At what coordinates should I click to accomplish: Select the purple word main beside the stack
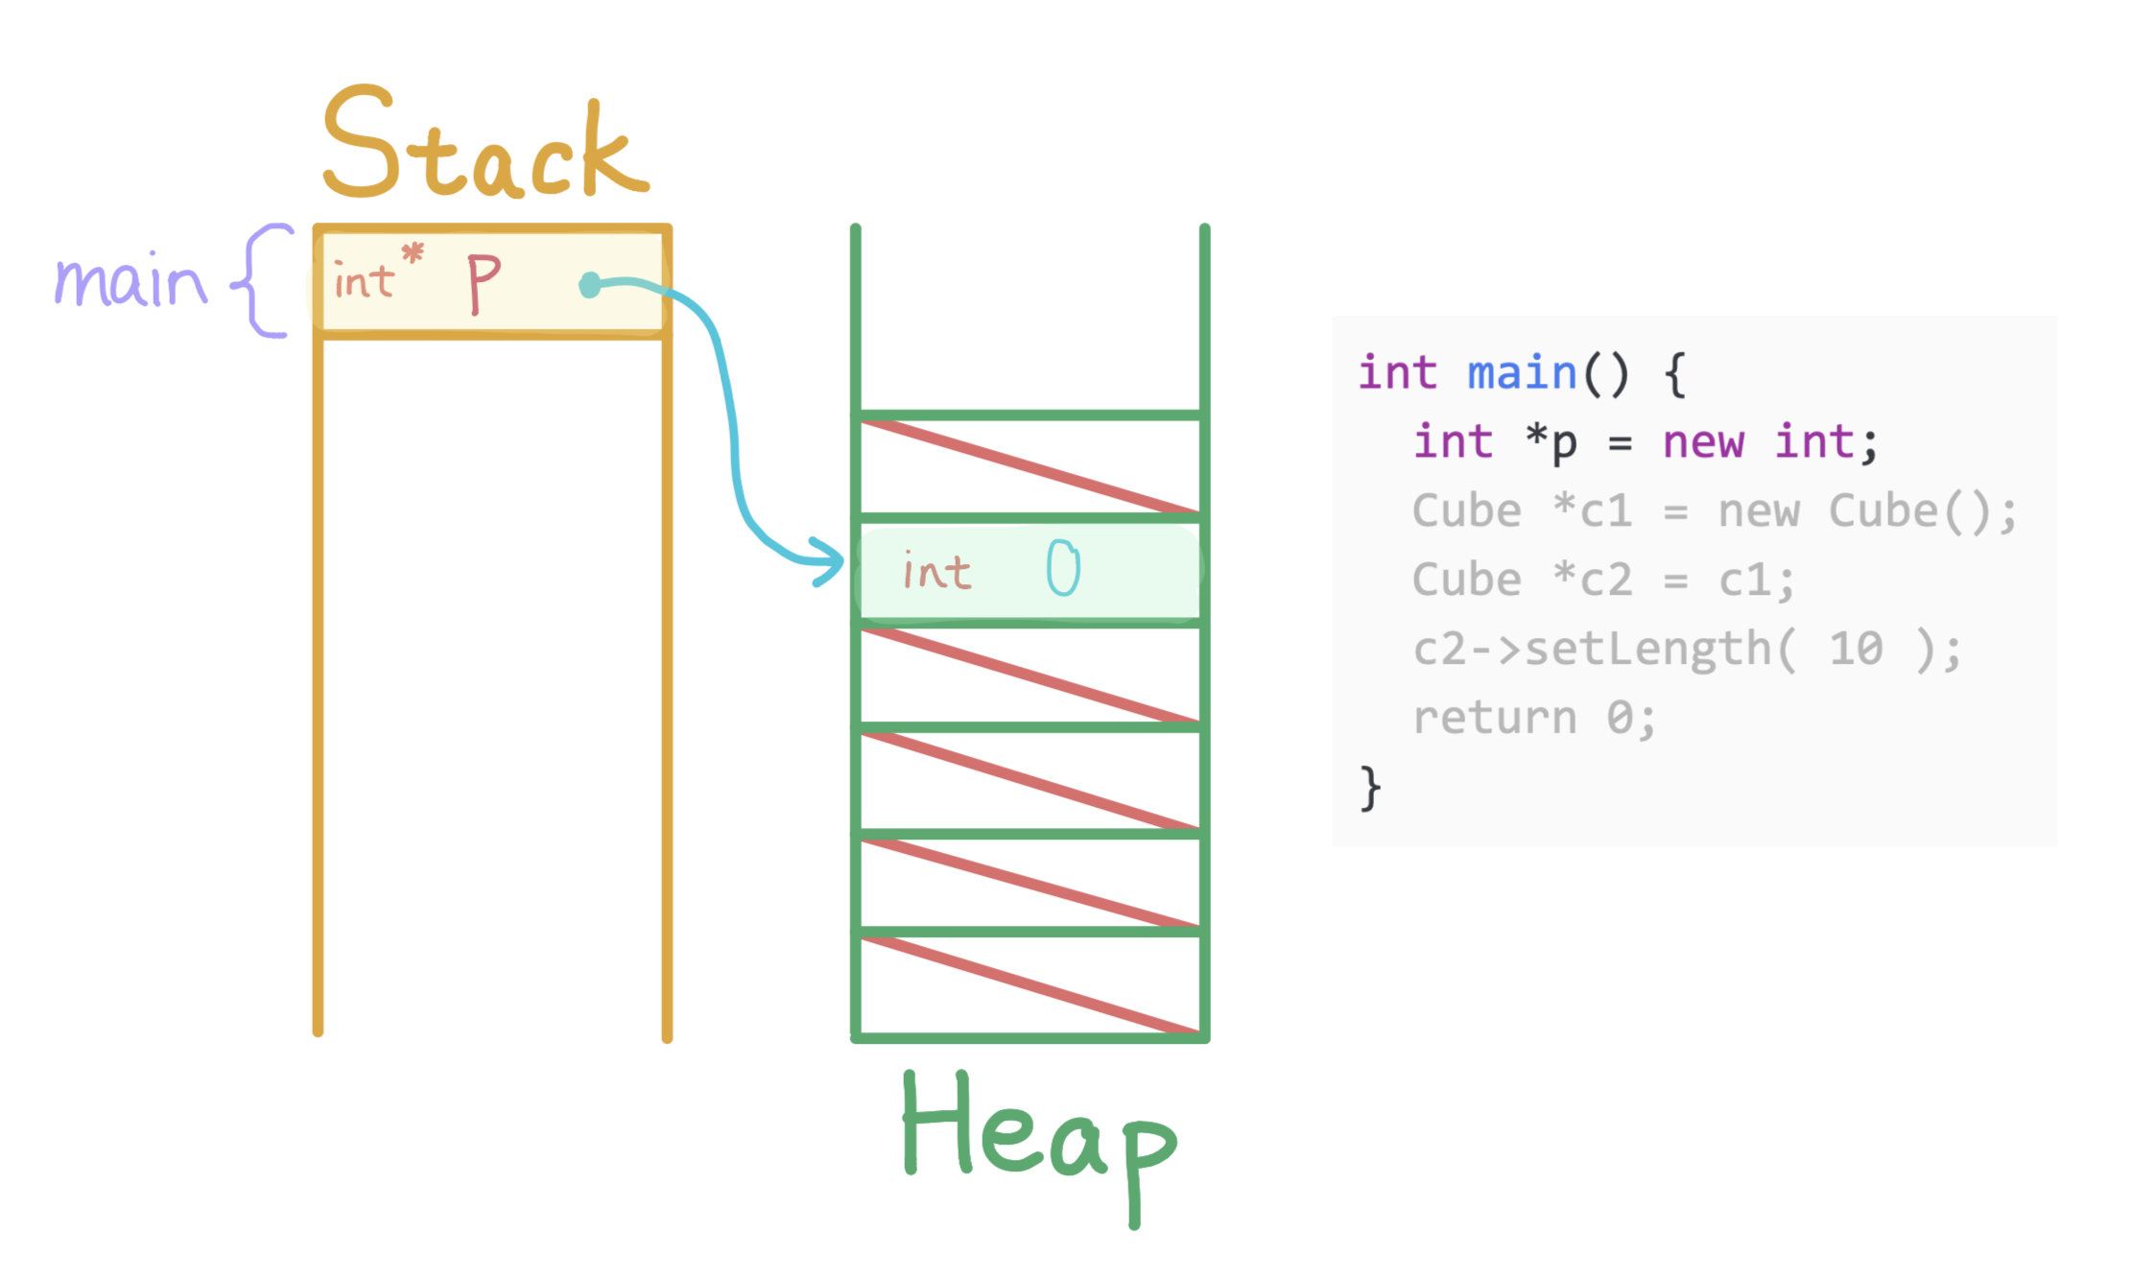tap(130, 281)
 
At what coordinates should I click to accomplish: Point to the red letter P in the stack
tap(483, 282)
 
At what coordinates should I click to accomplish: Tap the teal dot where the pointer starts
tap(590, 285)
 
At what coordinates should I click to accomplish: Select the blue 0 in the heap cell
tap(1063, 568)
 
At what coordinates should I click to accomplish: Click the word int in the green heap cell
tap(936, 572)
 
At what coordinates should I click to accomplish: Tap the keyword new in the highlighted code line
tap(1702, 442)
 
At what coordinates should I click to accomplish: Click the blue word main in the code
tap(1522, 373)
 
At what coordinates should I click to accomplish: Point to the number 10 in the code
tap(1856, 650)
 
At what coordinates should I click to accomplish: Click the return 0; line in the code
tap(1533, 719)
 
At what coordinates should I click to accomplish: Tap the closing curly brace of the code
tap(1370, 789)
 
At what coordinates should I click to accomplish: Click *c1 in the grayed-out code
tap(1593, 511)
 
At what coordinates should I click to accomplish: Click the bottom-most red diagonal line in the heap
tap(1030, 985)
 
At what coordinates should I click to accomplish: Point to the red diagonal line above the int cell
tap(1030, 466)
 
